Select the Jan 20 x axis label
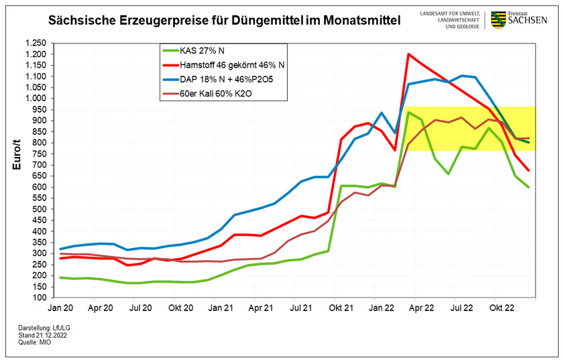(60, 309)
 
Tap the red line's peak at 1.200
(408, 54)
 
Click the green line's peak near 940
(408, 112)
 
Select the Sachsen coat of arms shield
(498, 19)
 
